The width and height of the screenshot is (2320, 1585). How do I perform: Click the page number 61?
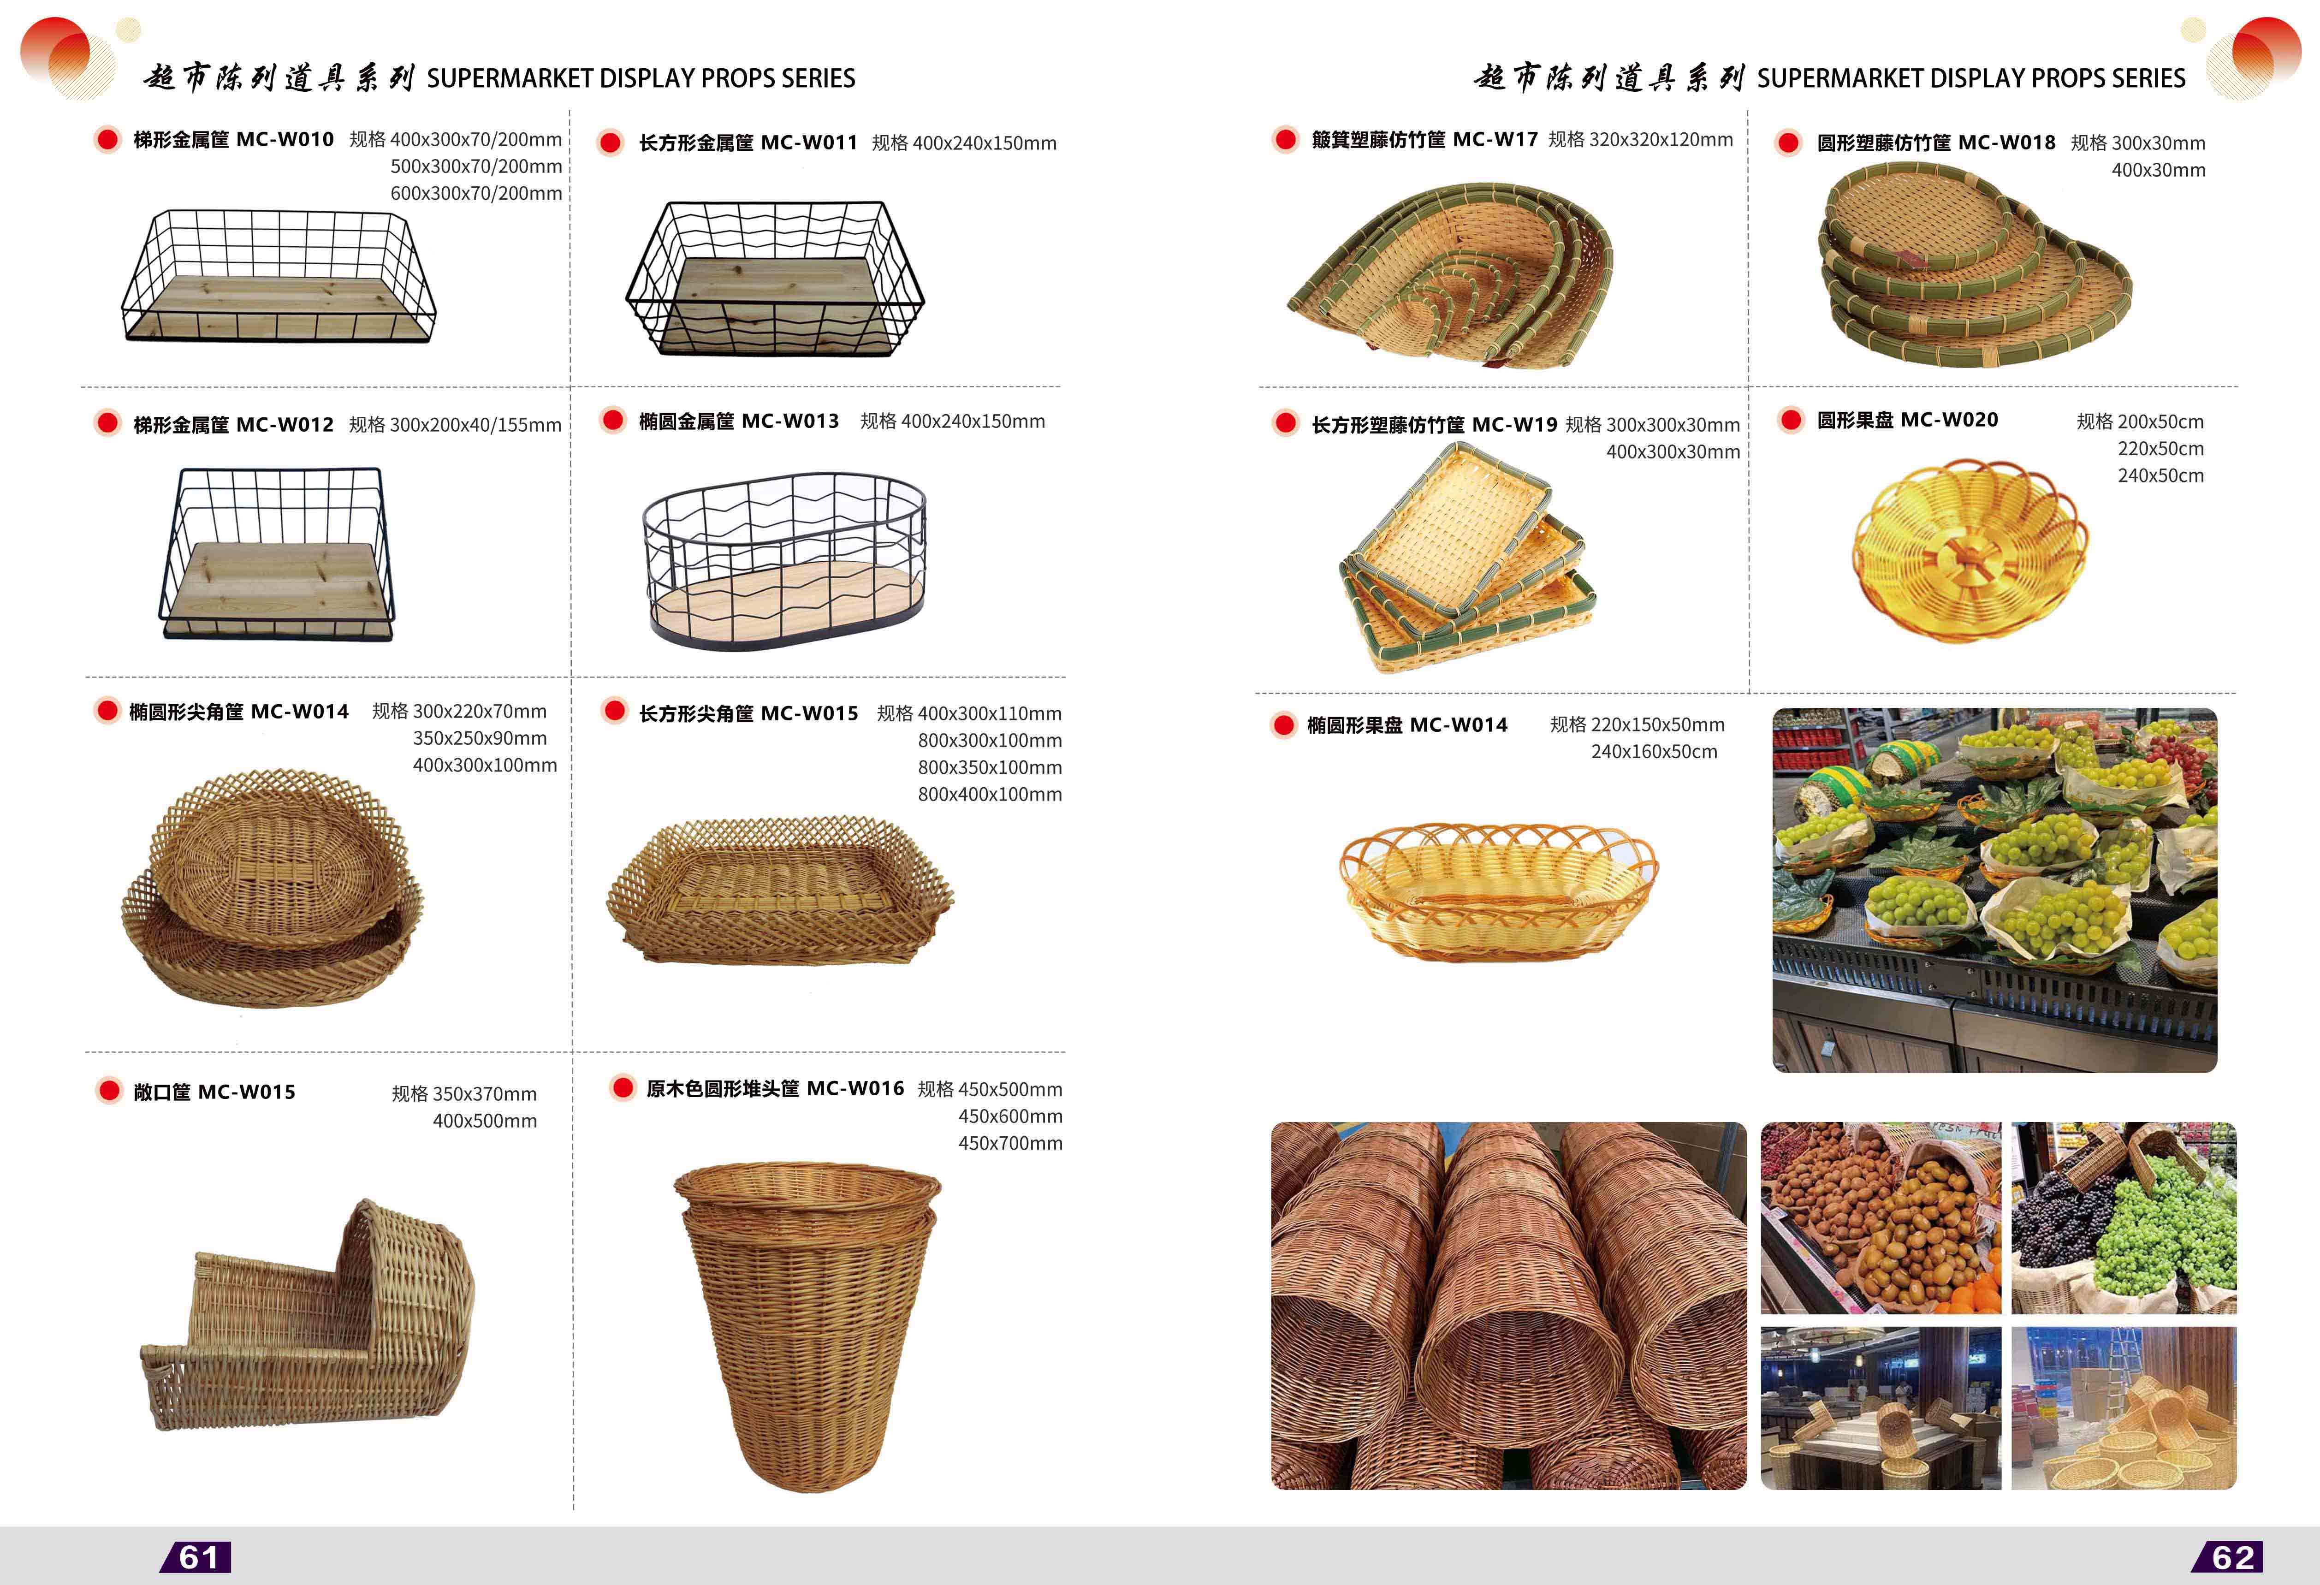[x=198, y=1557]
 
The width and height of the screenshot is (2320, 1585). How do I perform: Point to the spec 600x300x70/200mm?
[x=476, y=194]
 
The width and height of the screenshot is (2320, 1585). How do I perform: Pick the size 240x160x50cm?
[x=1654, y=752]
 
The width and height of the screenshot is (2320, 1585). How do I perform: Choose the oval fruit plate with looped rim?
[x=1497, y=891]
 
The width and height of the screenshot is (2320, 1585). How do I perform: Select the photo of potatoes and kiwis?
[x=1881, y=1218]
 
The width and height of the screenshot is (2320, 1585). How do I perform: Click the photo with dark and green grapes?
[x=2124, y=1218]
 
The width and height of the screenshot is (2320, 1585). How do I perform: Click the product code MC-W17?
[x=1495, y=140]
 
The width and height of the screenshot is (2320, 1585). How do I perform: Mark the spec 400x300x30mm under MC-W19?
[x=1673, y=452]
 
